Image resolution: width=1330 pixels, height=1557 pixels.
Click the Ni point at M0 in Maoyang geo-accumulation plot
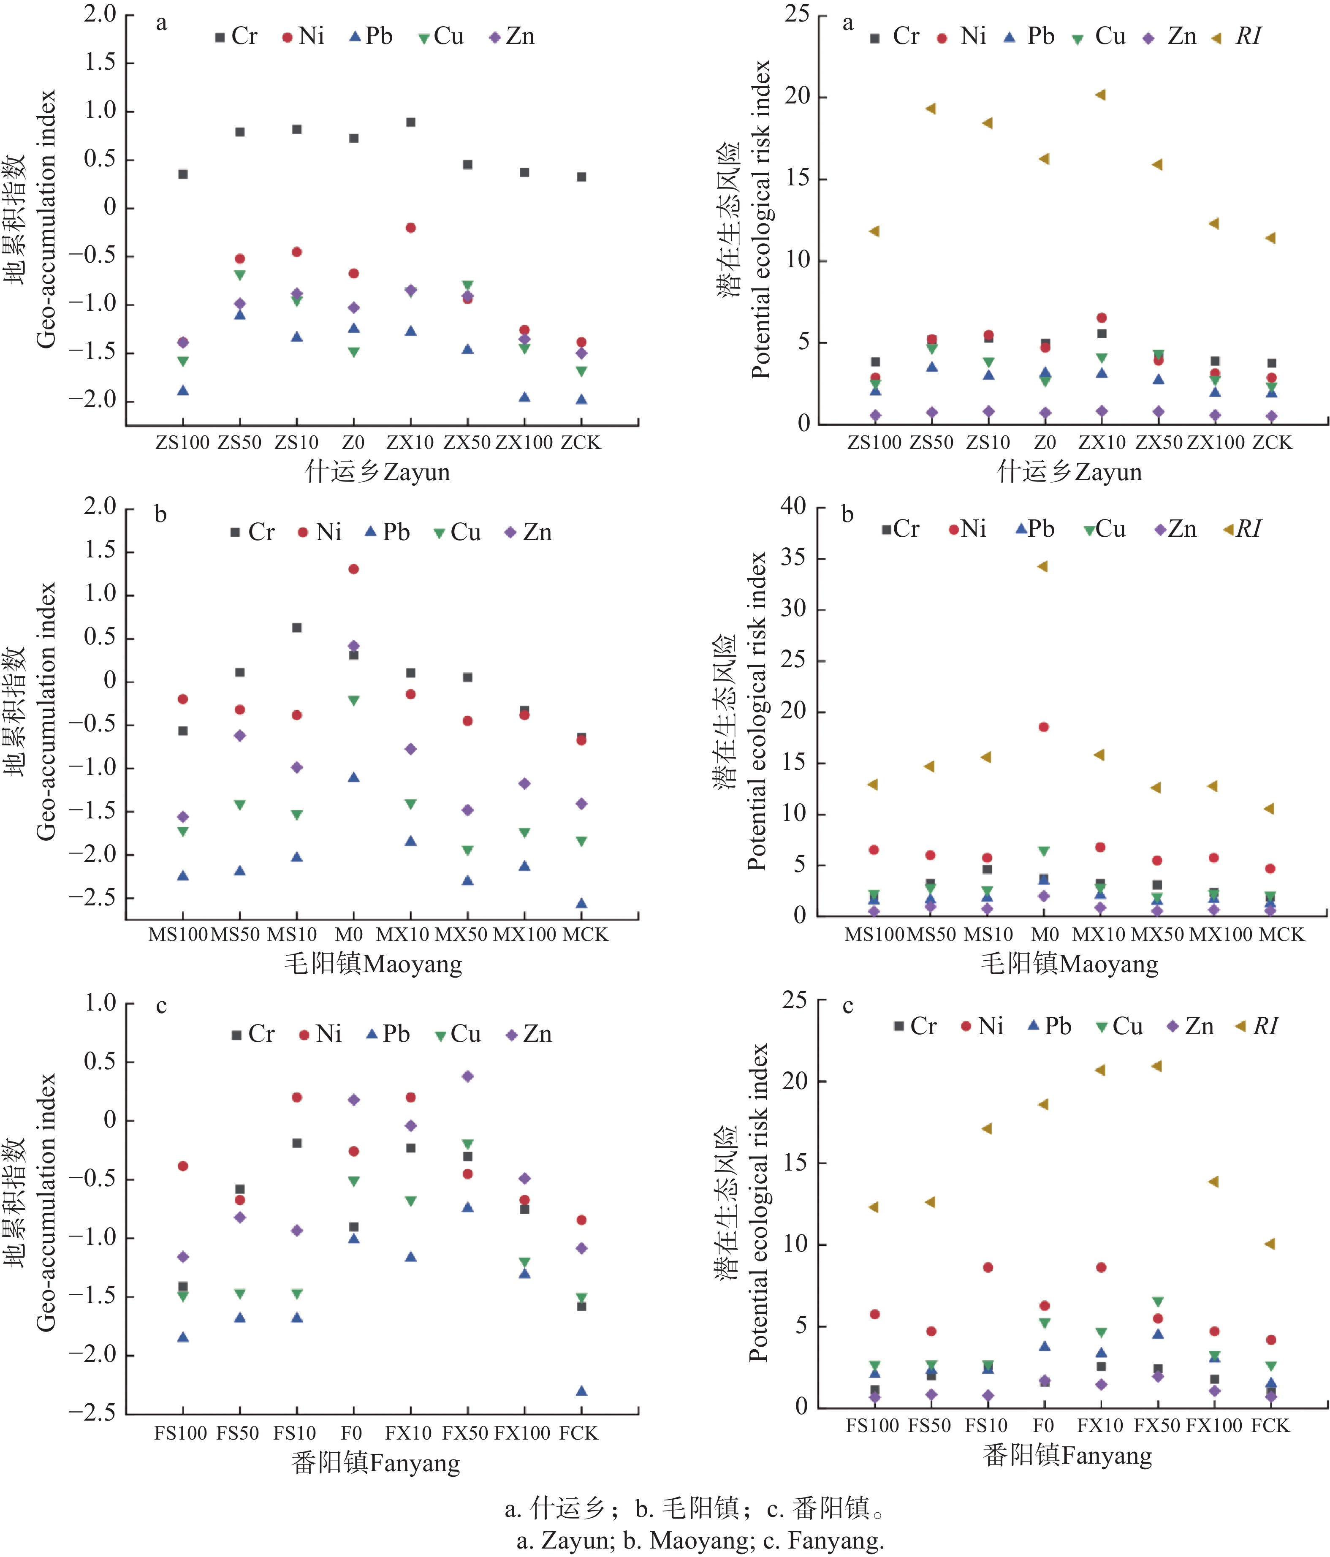click(353, 569)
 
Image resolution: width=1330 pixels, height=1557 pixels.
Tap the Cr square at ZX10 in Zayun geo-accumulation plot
click(410, 122)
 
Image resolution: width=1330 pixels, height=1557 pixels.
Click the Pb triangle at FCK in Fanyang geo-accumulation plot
click(581, 1391)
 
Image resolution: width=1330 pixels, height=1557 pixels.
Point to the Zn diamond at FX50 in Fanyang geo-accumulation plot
click(467, 1076)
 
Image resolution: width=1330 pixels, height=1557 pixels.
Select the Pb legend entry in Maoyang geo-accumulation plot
click(387, 532)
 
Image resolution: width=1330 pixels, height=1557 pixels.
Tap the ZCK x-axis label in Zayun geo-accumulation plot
click(580, 443)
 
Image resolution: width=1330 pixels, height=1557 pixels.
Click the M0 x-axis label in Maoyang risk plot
click(1045, 935)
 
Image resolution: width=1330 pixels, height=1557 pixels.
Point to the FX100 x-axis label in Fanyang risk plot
click(1213, 1426)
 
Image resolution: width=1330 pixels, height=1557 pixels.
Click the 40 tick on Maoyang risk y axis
click(793, 506)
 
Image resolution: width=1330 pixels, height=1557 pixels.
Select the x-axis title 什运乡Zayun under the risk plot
click(1069, 472)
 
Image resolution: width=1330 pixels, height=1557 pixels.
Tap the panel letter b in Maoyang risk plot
click(847, 515)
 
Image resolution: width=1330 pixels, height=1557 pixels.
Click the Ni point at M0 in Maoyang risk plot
click(1043, 727)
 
